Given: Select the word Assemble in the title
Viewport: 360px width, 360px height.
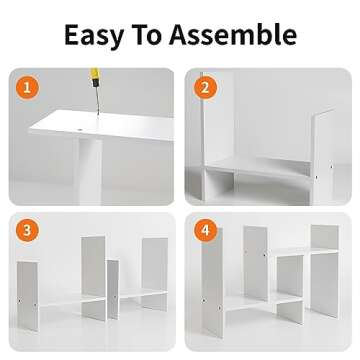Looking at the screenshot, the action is [233, 34].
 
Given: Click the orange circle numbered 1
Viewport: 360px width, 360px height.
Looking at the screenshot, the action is [27, 88].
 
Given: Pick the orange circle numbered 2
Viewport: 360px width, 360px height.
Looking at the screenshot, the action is [205, 88].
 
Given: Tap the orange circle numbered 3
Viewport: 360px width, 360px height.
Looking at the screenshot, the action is [27, 230].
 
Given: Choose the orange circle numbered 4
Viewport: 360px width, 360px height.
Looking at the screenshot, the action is [206, 230].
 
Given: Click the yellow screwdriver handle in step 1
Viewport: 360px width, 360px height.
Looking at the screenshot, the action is [95, 77].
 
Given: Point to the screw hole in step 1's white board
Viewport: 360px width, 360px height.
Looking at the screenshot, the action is [79, 127].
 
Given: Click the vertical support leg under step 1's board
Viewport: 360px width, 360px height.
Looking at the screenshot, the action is [88, 170].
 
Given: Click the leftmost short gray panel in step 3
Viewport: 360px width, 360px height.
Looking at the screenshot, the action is [28, 296].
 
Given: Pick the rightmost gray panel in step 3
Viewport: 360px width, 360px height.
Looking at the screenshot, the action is [155, 274].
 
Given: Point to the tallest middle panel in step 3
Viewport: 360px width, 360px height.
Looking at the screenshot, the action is [94, 278].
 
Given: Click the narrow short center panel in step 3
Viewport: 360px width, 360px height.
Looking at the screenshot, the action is [113, 289].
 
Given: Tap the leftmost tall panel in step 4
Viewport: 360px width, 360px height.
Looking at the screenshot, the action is [212, 283].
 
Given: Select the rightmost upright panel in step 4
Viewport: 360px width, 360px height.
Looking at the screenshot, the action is [324, 271].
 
